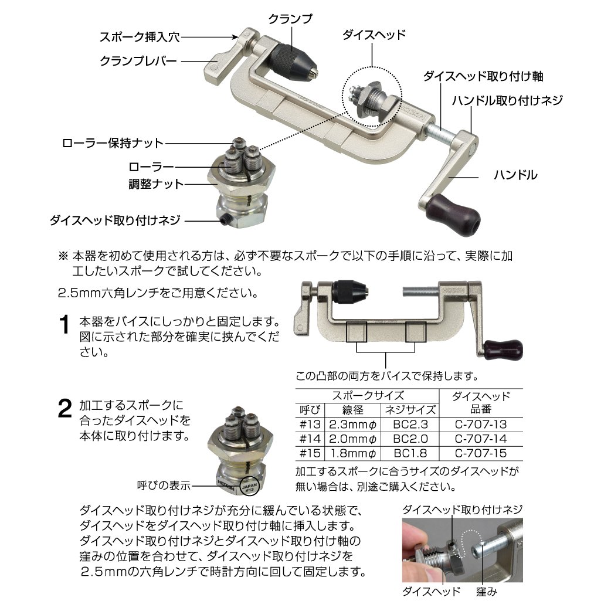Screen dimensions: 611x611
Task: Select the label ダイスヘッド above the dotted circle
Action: tap(374, 35)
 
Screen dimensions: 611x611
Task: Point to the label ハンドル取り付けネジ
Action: tap(507, 101)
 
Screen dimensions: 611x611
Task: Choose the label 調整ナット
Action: tap(156, 184)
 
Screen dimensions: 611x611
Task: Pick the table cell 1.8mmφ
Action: tap(352, 453)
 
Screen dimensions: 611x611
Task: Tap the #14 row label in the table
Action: tap(308, 439)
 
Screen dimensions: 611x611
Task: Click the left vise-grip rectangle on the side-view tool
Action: tap(357, 332)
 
